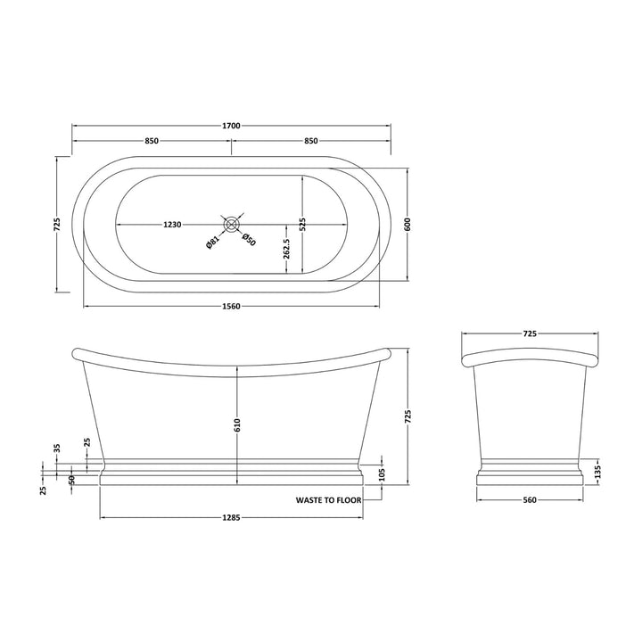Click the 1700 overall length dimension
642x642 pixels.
231,126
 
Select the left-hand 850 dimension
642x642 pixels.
152,141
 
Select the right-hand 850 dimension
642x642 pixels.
311,141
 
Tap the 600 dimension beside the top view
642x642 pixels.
408,225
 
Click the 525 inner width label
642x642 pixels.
302,225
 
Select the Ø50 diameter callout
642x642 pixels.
250,242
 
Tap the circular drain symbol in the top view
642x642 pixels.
232,225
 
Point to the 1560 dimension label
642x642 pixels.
231,307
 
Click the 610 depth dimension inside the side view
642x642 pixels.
237,426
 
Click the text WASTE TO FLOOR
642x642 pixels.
328,501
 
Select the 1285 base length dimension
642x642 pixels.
231,517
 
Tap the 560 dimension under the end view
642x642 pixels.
530,501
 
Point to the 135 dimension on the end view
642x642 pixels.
597,470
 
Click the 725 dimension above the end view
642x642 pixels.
530,333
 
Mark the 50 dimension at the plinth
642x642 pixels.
72,480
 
